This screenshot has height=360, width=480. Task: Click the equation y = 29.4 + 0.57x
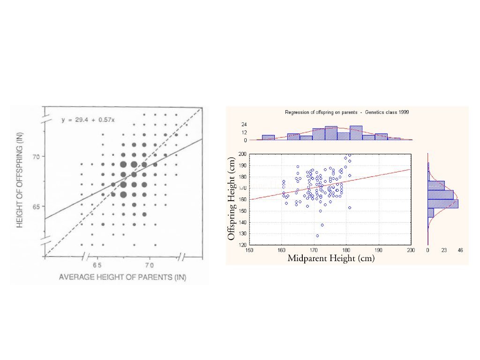click(88, 120)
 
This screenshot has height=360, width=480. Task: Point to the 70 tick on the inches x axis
click(149, 265)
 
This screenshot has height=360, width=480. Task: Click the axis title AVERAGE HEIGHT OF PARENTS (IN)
click(122, 277)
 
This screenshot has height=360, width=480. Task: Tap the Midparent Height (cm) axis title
click(331, 258)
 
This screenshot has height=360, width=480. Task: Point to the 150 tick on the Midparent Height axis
click(249, 250)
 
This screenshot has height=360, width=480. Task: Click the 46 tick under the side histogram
click(460, 250)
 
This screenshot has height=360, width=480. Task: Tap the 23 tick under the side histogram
click(444, 250)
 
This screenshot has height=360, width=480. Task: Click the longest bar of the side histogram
click(443, 203)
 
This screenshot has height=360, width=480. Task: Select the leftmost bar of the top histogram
click(268, 138)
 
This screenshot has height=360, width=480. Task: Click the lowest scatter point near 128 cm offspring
click(317, 236)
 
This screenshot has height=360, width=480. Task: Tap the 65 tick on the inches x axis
click(97, 265)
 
